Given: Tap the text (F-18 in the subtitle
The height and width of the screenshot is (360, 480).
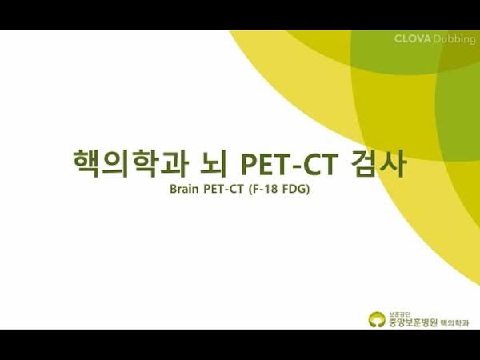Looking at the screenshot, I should click(265, 191).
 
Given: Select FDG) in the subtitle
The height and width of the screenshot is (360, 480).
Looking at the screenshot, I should click(298, 191).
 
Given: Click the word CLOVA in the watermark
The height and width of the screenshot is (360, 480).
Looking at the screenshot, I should click(412, 39).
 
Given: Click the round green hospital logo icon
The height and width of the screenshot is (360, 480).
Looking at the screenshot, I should click(376, 319).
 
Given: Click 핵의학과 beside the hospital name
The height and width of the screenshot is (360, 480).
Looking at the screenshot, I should click(456, 322).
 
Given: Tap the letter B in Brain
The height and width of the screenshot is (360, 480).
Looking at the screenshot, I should click(174, 191).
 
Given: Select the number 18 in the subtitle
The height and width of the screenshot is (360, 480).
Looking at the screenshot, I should click(274, 191).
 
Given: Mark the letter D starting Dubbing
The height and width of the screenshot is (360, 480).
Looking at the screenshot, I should click(436, 39).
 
